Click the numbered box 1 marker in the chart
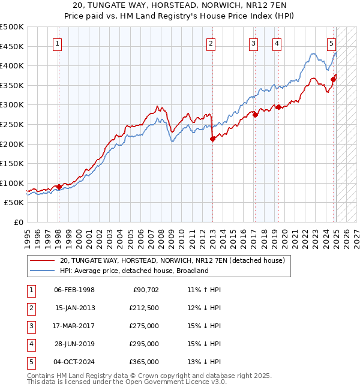pos(58,43)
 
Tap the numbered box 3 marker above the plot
pos(254,43)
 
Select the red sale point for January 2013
pos(212,139)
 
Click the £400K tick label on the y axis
pos(12,65)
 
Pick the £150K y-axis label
pos(12,163)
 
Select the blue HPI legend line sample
pos(42,271)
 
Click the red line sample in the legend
pos(42,260)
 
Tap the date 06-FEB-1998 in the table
pos(74,290)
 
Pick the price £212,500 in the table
pos(143,308)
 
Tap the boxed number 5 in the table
pos(31,362)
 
